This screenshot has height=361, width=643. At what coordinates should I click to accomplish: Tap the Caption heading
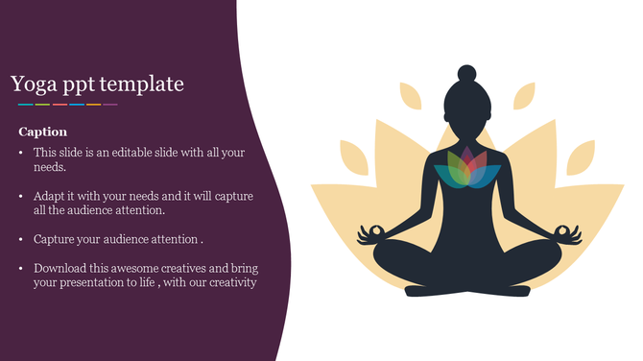pyautogui.click(x=42, y=132)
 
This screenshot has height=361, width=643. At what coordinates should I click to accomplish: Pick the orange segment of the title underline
pyautogui.click(x=93, y=104)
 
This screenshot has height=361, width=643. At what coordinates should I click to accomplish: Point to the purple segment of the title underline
pyautogui.click(x=110, y=104)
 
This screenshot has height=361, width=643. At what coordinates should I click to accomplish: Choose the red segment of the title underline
pyautogui.click(x=60, y=104)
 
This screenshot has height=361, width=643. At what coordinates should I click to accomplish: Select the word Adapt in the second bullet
pyautogui.click(x=50, y=196)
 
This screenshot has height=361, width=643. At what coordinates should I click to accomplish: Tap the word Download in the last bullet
pyautogui.click(x=60, y=268)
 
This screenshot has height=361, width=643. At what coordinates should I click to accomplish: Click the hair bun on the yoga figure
pyautogui.click(x=466, y=73)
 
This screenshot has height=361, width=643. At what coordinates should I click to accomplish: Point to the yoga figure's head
pyautogui.click(x=466, y=106)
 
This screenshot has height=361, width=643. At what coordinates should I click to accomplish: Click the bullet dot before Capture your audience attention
pyautogui.click(x=22, y=239)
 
